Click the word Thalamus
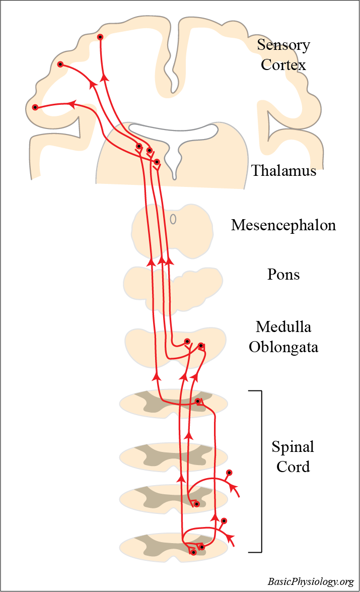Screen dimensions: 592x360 (283, 171)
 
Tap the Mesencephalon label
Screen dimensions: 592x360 (283, 225)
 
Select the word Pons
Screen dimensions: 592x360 (283, 275)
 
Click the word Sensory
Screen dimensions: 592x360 (283, 45)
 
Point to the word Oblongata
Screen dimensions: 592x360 (283, 347)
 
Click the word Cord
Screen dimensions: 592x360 (293, 467)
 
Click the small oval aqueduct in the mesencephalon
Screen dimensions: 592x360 (173, 219)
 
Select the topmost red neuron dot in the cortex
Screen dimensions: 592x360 (100, 37)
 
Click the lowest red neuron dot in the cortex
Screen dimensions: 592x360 (35, 107)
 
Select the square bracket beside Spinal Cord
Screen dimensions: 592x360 (260, 471)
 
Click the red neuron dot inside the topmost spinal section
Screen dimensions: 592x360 (198, 402)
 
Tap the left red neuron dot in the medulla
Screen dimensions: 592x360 (187, 341)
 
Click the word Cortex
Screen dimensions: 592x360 (283, 65)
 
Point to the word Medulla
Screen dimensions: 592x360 (283, 327)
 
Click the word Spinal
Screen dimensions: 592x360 (293, 446)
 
